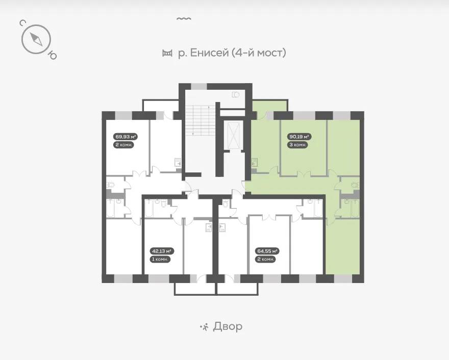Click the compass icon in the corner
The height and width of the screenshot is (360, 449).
coord(36,39)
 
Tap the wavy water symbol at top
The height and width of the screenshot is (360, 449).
coord(184,18)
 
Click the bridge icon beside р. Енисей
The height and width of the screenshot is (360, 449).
coord(167,53)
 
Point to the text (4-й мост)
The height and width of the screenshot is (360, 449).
coord(259,53)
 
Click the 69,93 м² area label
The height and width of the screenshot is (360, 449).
coord(126,137)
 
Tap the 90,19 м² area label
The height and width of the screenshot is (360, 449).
coord(299,137)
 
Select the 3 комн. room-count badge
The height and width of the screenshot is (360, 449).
coord(298,145)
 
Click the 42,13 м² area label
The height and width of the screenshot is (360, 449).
coord(162,251)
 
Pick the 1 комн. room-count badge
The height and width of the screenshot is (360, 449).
coord(160,259)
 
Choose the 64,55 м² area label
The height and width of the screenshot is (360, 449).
coord(267,251)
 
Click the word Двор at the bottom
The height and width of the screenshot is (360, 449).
coord(228,326)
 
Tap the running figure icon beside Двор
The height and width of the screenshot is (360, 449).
coord(204,326)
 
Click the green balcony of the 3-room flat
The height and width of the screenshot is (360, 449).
coord(269,106)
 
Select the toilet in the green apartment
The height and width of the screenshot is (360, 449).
coord(355,185)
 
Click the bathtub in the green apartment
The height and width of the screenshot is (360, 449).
coord(355,209)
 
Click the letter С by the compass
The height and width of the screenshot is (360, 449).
coord(22,23)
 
